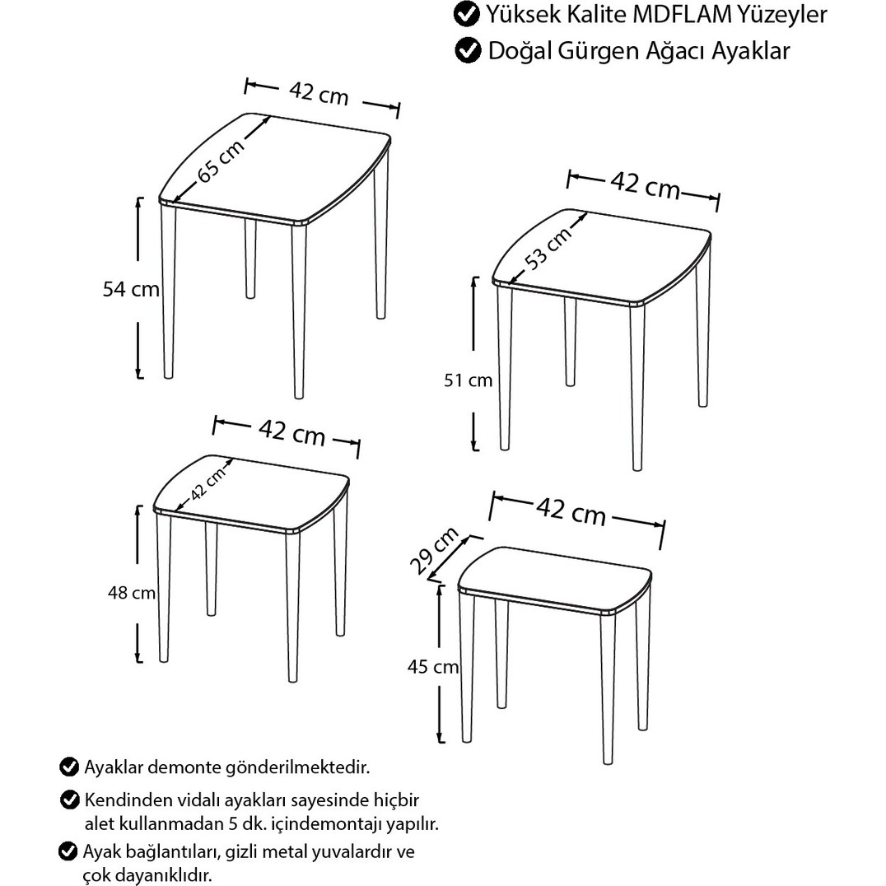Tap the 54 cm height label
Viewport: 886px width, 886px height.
131,289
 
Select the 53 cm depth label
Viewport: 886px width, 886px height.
547,249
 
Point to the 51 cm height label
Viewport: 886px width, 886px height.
468,380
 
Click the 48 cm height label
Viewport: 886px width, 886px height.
132,593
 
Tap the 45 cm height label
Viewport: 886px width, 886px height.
433,667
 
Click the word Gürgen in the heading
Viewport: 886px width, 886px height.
603,51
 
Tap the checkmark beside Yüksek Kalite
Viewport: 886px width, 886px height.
466,15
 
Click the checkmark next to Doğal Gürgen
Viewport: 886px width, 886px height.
468,50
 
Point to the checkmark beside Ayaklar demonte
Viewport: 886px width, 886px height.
69,767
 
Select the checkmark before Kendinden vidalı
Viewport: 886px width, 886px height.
69,800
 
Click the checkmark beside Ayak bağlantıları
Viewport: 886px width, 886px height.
68,851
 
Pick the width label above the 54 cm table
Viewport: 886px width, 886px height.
319,93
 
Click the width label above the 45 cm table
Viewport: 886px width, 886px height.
571,511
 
